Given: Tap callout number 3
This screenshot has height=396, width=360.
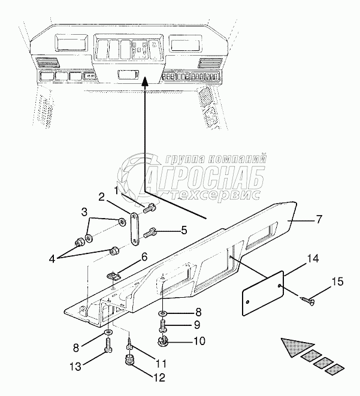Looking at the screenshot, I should pyautogui.click(x=84, y=211).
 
